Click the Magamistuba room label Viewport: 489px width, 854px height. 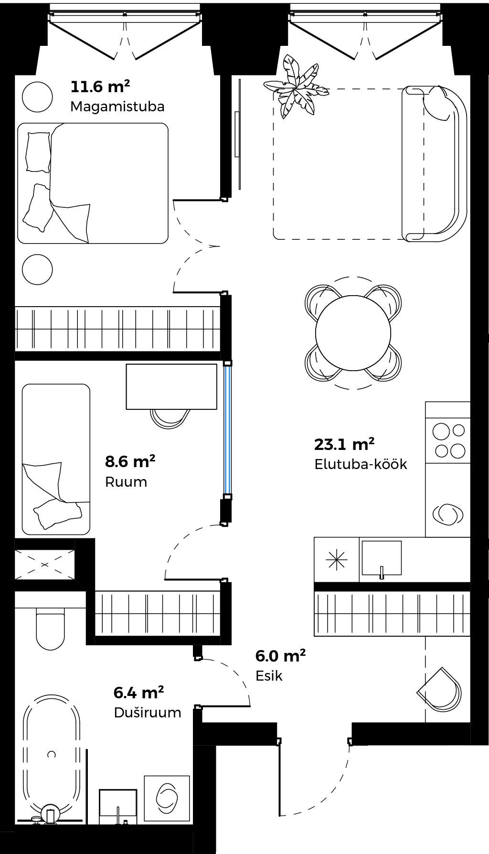[117, 106]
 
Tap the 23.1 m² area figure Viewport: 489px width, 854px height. [344, 444]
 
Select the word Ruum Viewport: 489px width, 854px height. [126, 481]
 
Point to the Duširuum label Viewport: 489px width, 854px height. [148, 712]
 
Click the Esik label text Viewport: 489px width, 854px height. [269, 675]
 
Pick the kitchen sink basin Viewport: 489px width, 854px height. [382, 557]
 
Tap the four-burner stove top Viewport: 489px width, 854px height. [448, 440]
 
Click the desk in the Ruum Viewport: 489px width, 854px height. [171, 386]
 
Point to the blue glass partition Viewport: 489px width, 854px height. [228, 429]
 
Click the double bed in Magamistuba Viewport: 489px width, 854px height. [93, 183]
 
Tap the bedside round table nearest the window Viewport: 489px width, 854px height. [37, 96]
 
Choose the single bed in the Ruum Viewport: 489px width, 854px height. [56, 459]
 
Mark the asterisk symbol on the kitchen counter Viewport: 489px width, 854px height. [336, 559]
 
